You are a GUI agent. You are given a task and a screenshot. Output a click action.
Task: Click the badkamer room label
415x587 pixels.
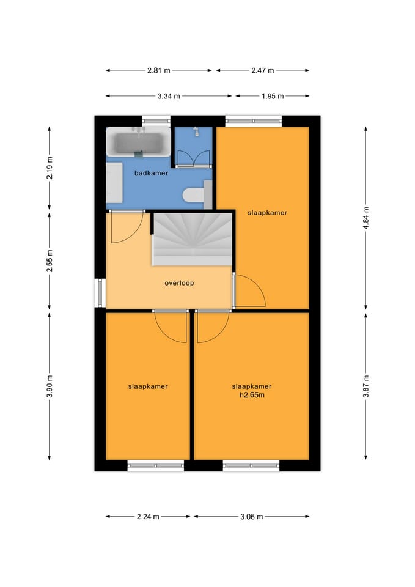151,173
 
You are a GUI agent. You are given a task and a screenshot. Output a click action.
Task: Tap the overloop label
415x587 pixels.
179,283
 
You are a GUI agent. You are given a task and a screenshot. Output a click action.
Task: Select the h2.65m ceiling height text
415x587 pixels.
252,395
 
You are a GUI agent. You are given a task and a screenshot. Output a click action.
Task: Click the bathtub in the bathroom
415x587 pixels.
138,142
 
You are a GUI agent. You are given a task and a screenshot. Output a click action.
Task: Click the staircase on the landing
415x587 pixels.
192,239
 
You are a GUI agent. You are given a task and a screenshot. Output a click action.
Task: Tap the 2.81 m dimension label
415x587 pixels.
159,70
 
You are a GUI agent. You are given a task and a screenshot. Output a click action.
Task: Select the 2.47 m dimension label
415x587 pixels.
263,70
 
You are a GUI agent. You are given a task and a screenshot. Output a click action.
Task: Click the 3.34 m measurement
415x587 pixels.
169,96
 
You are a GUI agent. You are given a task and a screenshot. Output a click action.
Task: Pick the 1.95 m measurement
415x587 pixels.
273,96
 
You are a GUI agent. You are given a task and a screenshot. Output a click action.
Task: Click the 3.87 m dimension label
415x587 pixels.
366,386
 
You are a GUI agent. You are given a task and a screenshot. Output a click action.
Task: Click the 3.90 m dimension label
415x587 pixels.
50,386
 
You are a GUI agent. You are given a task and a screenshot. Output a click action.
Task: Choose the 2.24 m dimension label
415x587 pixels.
148,517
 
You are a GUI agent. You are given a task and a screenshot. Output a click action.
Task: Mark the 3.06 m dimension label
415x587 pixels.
251,517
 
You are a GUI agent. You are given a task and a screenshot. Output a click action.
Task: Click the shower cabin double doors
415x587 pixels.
194,158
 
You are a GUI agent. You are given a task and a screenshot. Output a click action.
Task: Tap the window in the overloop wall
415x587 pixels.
100,293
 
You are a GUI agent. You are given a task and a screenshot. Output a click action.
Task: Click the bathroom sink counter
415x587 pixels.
114,183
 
